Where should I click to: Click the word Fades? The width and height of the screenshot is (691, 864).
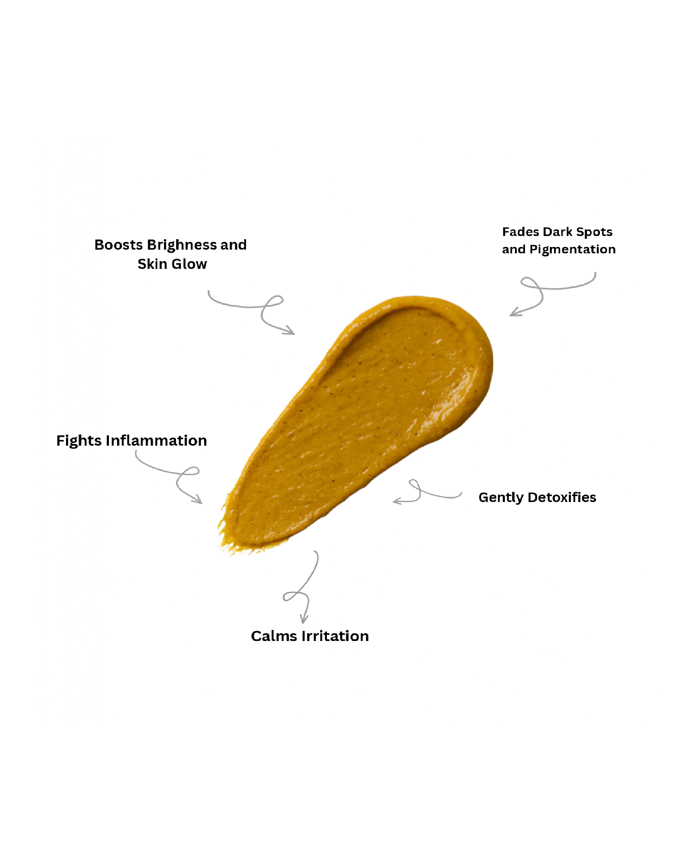520,232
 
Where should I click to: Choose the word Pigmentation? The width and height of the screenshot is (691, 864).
572,250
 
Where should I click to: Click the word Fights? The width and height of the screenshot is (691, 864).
79,441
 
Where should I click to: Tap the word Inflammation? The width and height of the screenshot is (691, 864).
156,441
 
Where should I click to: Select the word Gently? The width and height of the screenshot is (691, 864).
501,498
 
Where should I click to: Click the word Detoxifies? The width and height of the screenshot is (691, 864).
562,497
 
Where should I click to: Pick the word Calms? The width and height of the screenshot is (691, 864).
274,636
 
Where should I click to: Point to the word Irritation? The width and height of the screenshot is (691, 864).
335,636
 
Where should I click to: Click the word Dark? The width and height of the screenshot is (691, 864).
557,232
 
